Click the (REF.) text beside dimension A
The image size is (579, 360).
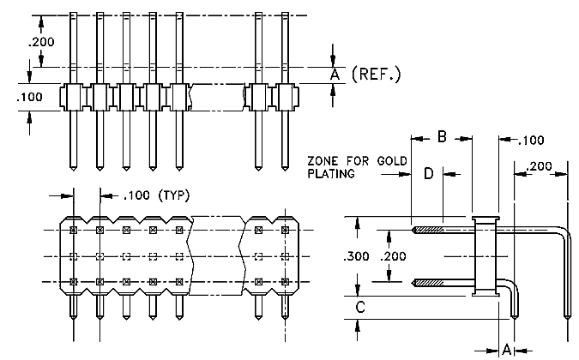(376, 75)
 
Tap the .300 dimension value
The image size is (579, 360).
(356, 256)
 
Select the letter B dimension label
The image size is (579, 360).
(442, 137)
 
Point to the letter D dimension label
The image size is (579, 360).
(428, 173)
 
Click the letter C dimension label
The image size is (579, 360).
(360, 307)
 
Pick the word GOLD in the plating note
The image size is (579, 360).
(392, 161)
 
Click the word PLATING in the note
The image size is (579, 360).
(331, 173)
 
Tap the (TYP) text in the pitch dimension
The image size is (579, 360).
(173, 195)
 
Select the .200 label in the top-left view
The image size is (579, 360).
(41, 42)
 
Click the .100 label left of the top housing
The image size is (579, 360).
(29, 97)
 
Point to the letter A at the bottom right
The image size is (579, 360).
(507, 349)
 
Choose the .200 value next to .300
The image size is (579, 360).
(394, 256)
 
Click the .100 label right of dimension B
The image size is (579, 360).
(531, 141)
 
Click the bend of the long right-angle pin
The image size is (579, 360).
(562, 231)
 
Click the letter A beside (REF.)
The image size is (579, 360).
(335, 75)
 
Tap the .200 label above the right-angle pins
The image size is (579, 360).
(540, 166)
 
